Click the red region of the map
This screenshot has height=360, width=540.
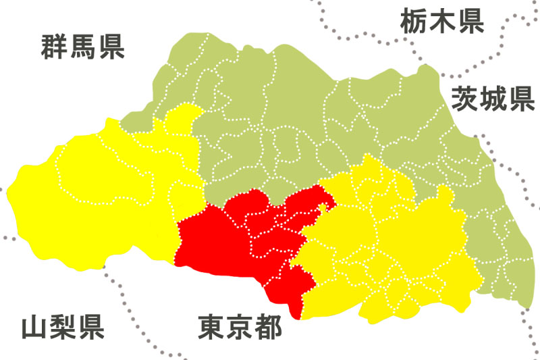[230, 243]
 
